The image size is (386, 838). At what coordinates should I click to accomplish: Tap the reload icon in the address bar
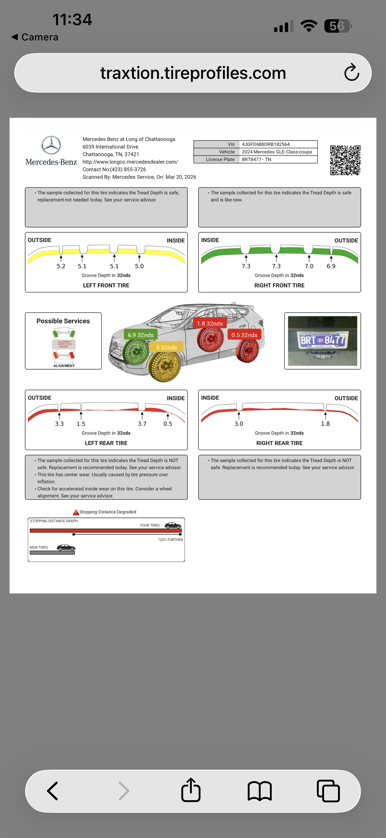[x=352, y=72]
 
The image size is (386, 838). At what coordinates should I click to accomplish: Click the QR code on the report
[x=345, y=160]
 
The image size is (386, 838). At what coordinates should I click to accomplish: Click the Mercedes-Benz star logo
[x=51, y=145]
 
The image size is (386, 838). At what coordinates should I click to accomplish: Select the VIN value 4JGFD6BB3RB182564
[x=265, y=144]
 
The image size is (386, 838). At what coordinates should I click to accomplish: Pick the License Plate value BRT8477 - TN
[x=256, y=159]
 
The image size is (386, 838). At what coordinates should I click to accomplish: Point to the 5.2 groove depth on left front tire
[x=61, y=266]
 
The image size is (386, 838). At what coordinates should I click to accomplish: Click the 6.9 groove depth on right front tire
[x=331, y=266]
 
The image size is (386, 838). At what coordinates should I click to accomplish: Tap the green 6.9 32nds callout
[x=140, y=335]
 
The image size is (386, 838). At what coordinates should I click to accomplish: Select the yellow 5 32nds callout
[x=166, y=347]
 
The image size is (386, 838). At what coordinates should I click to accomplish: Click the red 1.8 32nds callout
[x=209, y=323]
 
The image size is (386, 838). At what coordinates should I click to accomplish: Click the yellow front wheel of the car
[x=165, y=366]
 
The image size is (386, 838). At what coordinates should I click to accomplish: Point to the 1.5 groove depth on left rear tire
[x=81, y=424]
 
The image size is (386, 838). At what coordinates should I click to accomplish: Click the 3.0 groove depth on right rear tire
[x=239, y=424]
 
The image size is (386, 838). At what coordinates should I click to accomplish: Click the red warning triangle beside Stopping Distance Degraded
[x=76, y=513]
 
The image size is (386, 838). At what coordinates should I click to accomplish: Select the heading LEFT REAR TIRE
[x=106, y=443]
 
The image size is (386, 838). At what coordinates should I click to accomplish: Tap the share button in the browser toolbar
[x=191, y=790]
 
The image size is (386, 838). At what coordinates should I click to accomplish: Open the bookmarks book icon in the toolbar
[x=260, y=791]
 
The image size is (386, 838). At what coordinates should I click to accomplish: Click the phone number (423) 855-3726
[x=128, y=169]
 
